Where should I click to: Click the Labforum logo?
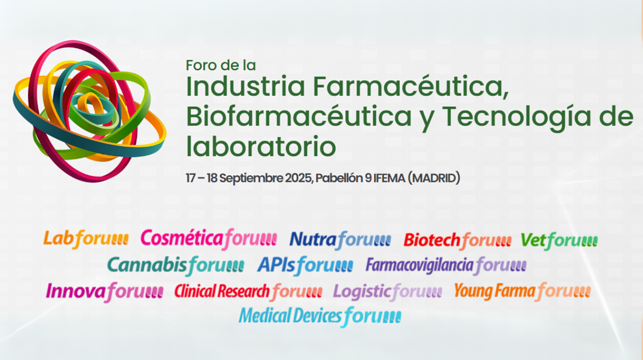[86, 239]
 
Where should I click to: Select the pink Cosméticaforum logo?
[209, 239]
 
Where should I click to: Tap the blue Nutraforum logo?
[340, 240]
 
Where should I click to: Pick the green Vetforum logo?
[559, 241]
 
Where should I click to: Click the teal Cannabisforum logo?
[176, 266]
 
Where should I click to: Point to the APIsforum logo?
[305, 266]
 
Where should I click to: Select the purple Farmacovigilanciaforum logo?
[446, 266]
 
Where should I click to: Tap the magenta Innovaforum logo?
[104, 292]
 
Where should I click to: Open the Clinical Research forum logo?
[248, 292]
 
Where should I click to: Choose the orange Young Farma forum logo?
[522, 292]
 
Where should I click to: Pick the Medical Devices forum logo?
[320, 317]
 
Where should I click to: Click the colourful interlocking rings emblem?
[90, 111]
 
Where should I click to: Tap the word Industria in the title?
[246, 86]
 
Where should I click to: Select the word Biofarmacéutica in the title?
[299, 116]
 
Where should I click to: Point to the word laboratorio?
[261, 146]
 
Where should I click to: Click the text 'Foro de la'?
[221, 65]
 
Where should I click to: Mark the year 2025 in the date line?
[298, 178]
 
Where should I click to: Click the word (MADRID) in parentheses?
[434, 178]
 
